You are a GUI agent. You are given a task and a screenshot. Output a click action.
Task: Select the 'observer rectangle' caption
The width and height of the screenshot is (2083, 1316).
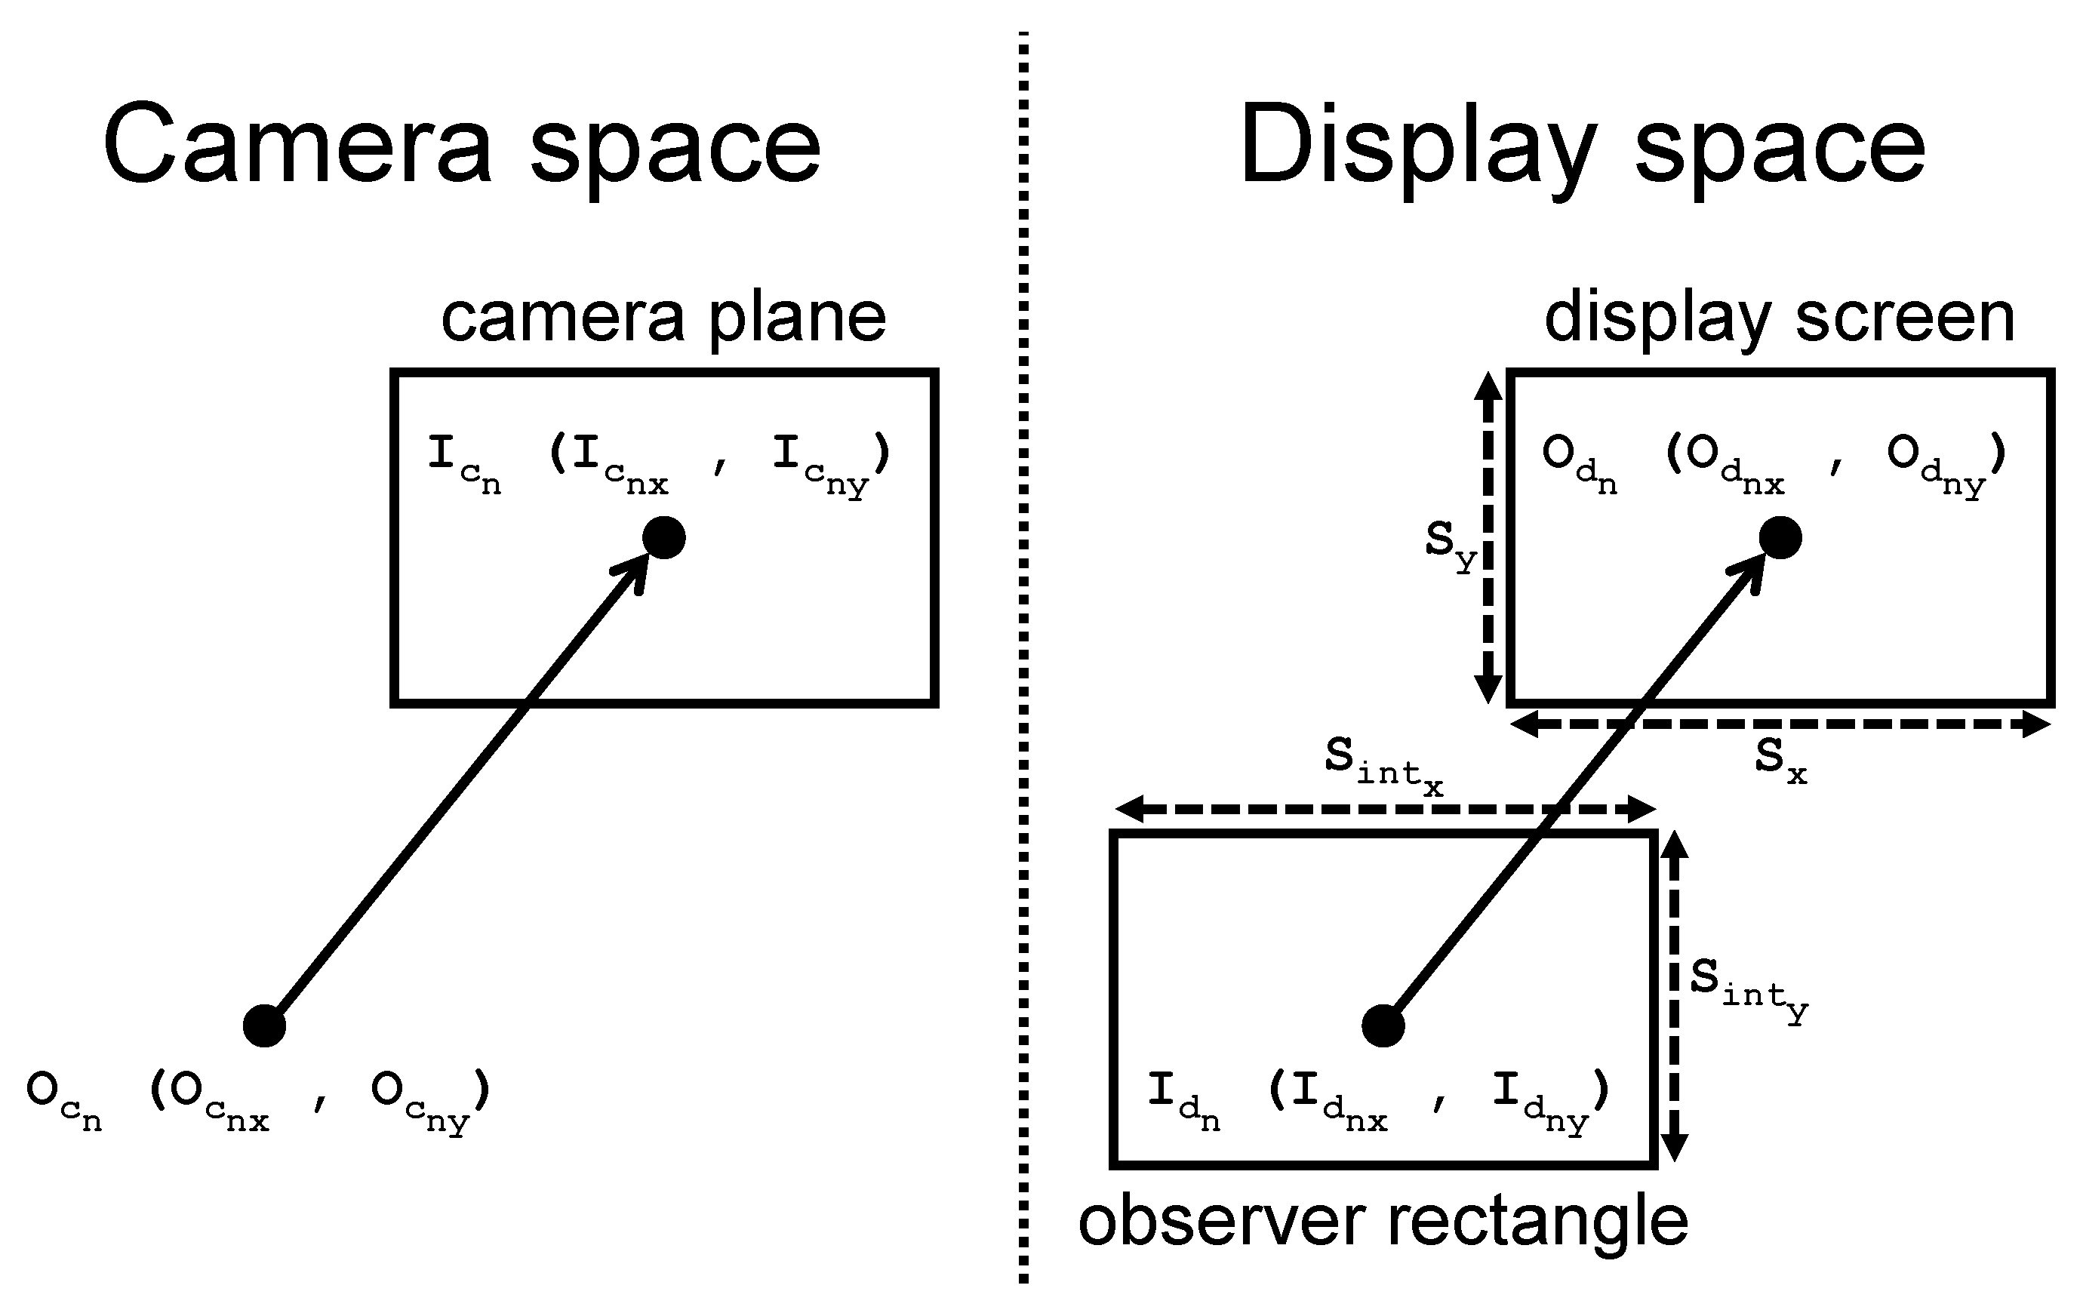1383,1221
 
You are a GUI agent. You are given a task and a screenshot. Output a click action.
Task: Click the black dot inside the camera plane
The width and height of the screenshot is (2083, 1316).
663,538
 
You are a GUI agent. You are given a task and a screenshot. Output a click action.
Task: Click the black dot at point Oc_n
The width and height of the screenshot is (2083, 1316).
264,1026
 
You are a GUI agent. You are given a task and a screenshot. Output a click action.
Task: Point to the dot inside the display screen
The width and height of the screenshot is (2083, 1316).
1780,538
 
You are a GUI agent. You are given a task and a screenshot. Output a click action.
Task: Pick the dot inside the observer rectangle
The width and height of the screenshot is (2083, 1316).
1383,1026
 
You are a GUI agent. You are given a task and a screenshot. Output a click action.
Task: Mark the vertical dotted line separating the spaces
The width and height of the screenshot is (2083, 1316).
1023,657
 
